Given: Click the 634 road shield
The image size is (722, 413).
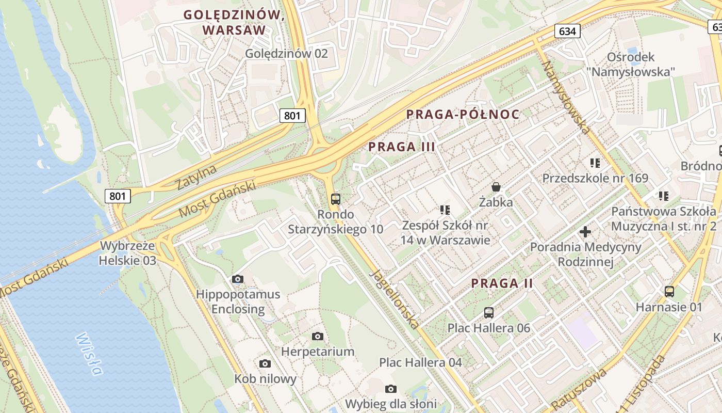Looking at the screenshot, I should [x=567, y=31].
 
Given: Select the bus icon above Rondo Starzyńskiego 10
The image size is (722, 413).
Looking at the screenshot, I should [x=336, y=199].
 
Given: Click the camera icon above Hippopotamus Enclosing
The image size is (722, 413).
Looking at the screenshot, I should [x=238, y=279].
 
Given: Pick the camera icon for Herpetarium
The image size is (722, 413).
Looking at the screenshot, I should [x=318, y=337].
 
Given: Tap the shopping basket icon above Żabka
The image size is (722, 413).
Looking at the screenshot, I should [x=496, y=186].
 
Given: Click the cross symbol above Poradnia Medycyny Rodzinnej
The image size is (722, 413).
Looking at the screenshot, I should [x=585, y=232].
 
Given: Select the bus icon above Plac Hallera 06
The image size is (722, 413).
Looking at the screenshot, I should [x=489, y=312].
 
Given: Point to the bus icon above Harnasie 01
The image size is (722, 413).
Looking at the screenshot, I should [x=669, y=291].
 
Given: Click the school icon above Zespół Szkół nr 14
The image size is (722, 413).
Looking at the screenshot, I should [x=445, y=210].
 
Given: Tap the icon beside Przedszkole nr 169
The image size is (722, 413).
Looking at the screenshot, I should [x=595, y=163].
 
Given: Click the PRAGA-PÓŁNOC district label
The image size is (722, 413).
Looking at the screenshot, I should [x=463, y=115].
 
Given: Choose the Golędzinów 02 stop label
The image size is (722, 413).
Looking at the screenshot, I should [x=286, y=53].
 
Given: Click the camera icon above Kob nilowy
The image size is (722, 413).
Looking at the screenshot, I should [x=265, y=364].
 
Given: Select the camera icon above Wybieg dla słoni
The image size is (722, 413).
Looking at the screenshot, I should [x=391, y=389].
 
